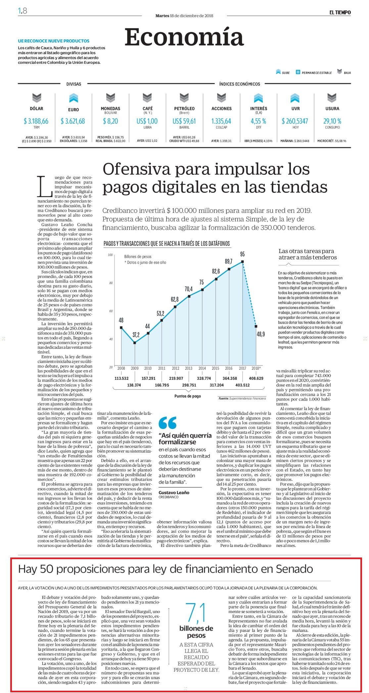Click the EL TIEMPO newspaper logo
(340, 13)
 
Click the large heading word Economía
(184, 37)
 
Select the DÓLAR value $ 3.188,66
(36, 121)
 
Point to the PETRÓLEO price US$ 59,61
(184, 121)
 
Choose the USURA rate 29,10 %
(332, 121)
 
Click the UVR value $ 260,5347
(295, 121)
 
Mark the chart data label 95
(243, 254)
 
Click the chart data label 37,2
(136, 335)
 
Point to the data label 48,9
(261, 334)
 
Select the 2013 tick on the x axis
(189, 368)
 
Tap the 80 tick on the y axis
(111, 283)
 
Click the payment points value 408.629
(256, 378)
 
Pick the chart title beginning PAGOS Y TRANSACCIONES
(167, 244)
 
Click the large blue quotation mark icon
(167, 423)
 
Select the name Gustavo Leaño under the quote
(174, 492)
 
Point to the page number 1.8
(23, 11)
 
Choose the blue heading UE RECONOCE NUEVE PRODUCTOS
(54, 41)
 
